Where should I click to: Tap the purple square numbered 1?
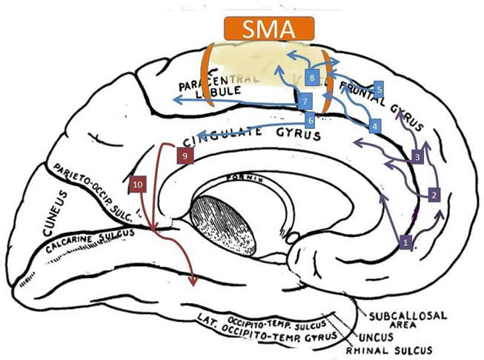point(405,241)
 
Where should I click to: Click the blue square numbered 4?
point(376,127)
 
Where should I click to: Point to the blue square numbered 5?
point(379,88)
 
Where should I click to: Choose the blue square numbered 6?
point(311,119)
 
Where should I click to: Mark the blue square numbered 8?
point(313,77)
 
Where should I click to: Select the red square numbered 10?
point(137,183)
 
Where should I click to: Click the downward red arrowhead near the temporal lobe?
point(194,281)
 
